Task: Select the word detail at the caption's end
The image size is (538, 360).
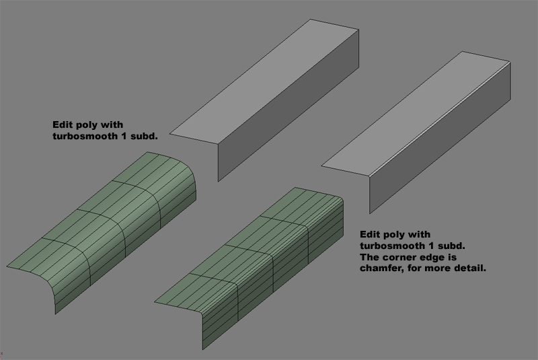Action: click(x=469, y=268)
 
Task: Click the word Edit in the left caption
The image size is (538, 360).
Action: click(x=63, y=124)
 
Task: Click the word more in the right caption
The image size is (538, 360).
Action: click(x=440, y=268)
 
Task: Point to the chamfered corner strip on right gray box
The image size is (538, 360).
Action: click(x=437, y=117)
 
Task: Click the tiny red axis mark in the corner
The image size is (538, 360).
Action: click(x=2, y=353)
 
